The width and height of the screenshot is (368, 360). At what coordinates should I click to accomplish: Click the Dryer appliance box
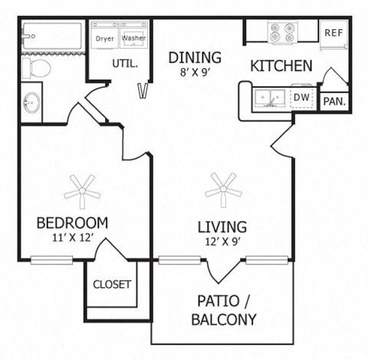(x=104, y=36)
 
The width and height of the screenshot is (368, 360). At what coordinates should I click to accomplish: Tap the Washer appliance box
(x=133, y=36)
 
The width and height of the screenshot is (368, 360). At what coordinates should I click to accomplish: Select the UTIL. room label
(x=125, y=64)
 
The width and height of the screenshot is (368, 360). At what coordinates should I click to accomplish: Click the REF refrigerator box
(x=333, y=33)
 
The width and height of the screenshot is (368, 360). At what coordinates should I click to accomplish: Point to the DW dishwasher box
(x=302, y=97)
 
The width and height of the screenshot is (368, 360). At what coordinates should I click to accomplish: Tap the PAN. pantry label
(x=333, y=101)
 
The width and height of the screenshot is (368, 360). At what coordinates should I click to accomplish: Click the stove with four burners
(x=281, y=32)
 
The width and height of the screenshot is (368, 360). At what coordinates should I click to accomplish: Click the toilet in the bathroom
(x=34, y=70)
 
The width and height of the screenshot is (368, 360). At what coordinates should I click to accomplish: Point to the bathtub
(x=51, y=35)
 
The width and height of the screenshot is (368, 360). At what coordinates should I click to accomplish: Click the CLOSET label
(x=112, y=284)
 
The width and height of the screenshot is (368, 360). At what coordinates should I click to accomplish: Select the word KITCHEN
(x=281, y=67)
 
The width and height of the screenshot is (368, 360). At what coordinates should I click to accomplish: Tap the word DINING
(x=195, y=57)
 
